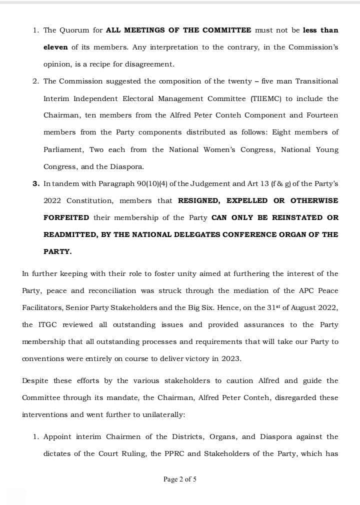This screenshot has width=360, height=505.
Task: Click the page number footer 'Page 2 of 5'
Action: (179, 479)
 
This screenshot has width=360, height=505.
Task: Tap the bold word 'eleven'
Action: (55, 47)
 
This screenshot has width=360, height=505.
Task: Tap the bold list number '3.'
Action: (36, 183)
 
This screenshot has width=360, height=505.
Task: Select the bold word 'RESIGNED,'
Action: (199, 200)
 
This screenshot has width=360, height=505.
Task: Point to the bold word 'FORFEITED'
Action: (66, 217)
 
